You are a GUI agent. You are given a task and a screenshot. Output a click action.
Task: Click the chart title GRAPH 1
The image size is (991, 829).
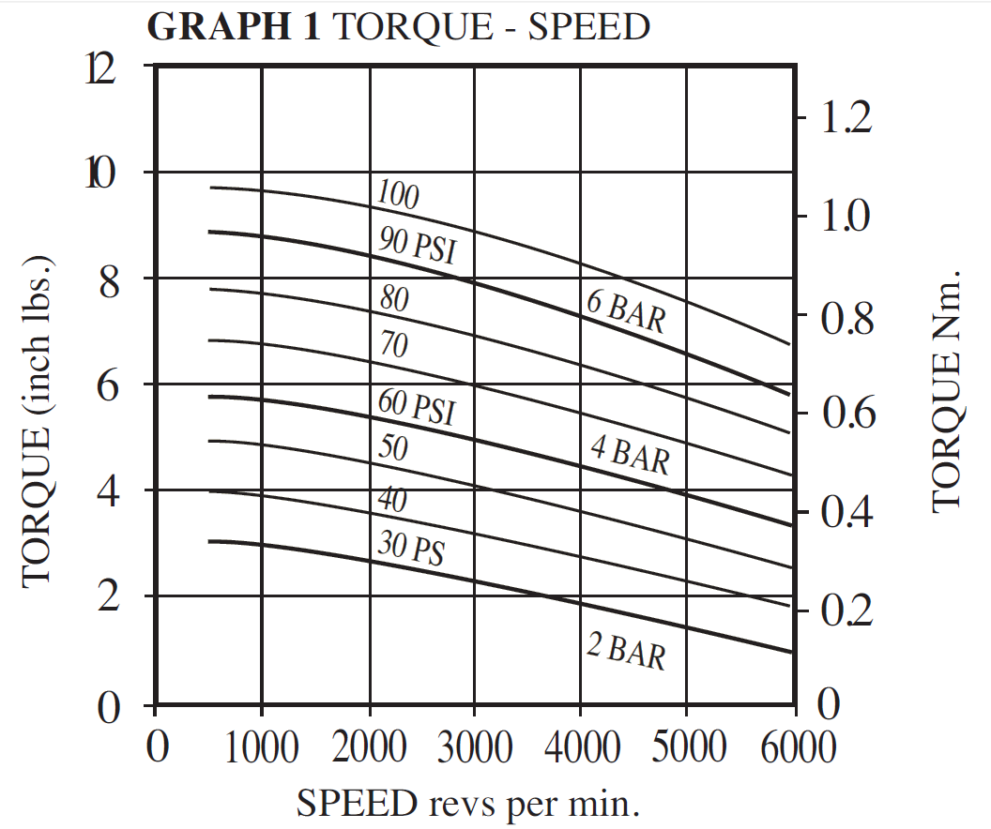[x=235, y=27]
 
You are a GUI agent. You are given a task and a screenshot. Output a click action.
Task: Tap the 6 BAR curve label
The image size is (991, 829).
[x=626, y=312]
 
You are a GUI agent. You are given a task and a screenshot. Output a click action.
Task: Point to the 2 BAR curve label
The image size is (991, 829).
[x=626, y=651]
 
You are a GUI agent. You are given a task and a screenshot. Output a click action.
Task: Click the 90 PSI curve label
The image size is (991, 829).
[x=422, y=246]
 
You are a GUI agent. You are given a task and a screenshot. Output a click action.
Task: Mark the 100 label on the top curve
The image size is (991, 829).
[x=397, y=194]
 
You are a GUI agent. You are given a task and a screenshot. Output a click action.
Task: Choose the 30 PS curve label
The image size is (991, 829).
[x=411, y=547]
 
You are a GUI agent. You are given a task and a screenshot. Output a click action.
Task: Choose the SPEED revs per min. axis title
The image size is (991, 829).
[x=469, y=803]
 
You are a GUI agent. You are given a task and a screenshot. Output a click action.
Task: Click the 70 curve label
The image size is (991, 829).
[x=394, y=346]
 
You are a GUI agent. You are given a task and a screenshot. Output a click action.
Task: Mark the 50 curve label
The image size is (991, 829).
[x=393, y=448]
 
